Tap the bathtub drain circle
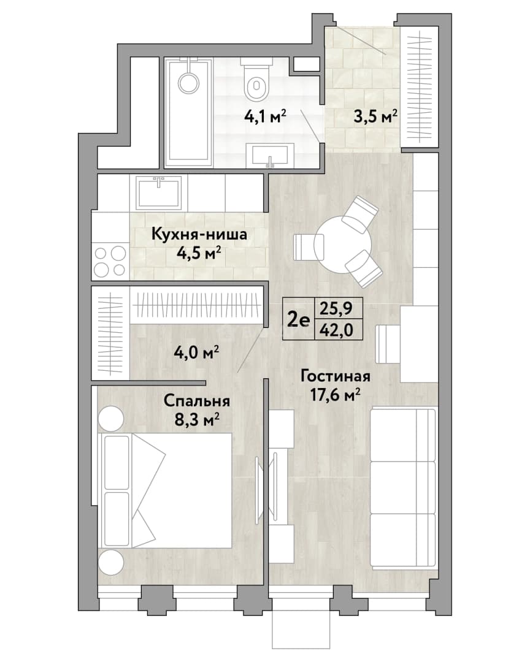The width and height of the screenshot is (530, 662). click(188, 82)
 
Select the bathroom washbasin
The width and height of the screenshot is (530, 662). click(270, 155)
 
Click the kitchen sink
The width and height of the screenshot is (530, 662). click(159, 192)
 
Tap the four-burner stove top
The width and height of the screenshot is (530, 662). click(110, 261)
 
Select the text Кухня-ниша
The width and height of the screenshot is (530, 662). click(199, 234)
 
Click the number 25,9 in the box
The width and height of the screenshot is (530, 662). click(336, 309)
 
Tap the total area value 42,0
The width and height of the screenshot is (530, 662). click(336, 330)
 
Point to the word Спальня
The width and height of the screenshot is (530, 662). click(197, 401)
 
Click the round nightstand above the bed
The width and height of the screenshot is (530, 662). click(111, 419)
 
